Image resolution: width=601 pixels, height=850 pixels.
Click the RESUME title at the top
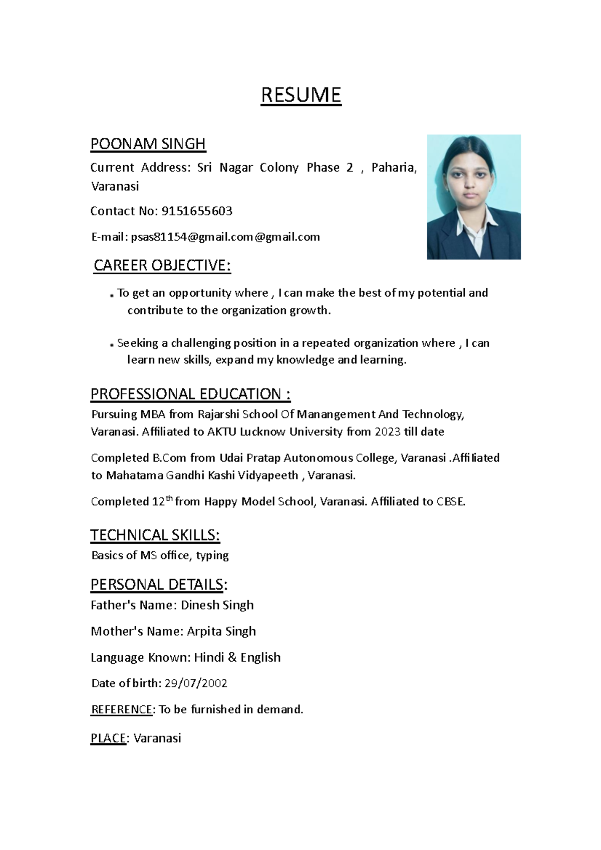point(300,95)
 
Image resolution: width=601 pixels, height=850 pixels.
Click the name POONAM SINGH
point(148,144)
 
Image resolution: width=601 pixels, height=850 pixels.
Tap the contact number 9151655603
point(197,211)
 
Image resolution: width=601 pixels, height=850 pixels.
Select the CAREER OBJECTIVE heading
point(162,265)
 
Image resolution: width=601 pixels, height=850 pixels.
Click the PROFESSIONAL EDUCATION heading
point(190,394)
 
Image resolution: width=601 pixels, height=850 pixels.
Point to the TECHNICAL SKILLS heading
point(155,535)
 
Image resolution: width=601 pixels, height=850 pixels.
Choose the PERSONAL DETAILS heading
point(159,584)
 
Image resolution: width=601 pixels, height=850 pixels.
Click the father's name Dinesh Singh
point(217,605)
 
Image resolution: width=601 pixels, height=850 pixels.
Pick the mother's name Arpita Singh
point(221,631)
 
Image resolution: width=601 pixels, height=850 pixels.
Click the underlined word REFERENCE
point(121,709)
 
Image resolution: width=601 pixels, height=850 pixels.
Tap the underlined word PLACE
point(108,738)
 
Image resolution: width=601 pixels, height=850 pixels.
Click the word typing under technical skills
point(212,555)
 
